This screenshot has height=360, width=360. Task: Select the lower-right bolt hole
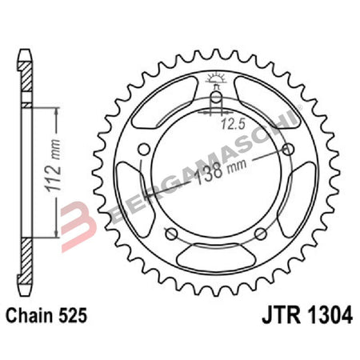pyautogui.click(x=260, y=233)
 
